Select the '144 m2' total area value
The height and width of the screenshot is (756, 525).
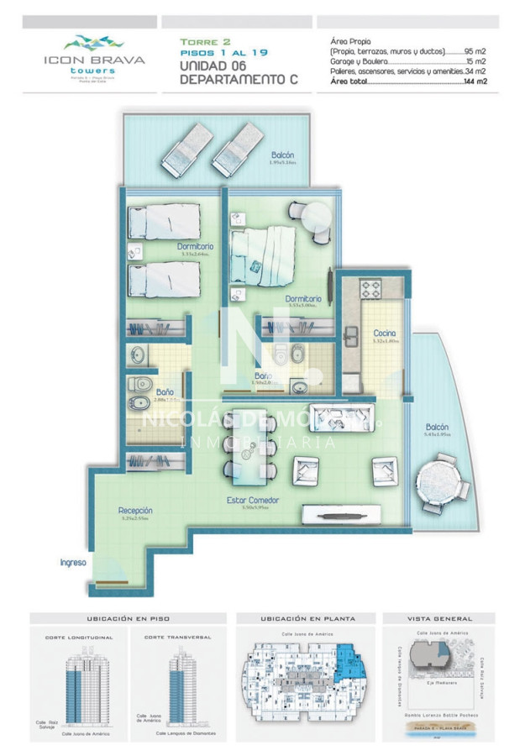click(x=475, y=82)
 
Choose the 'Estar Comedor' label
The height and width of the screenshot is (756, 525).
click(x=253, y=501)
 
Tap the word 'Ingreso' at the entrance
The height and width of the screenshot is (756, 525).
click(x=73, y=562)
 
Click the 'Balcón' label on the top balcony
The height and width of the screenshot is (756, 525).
click(x=283, y=155)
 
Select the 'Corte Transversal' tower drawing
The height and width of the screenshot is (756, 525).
click(x=178, y=680)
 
